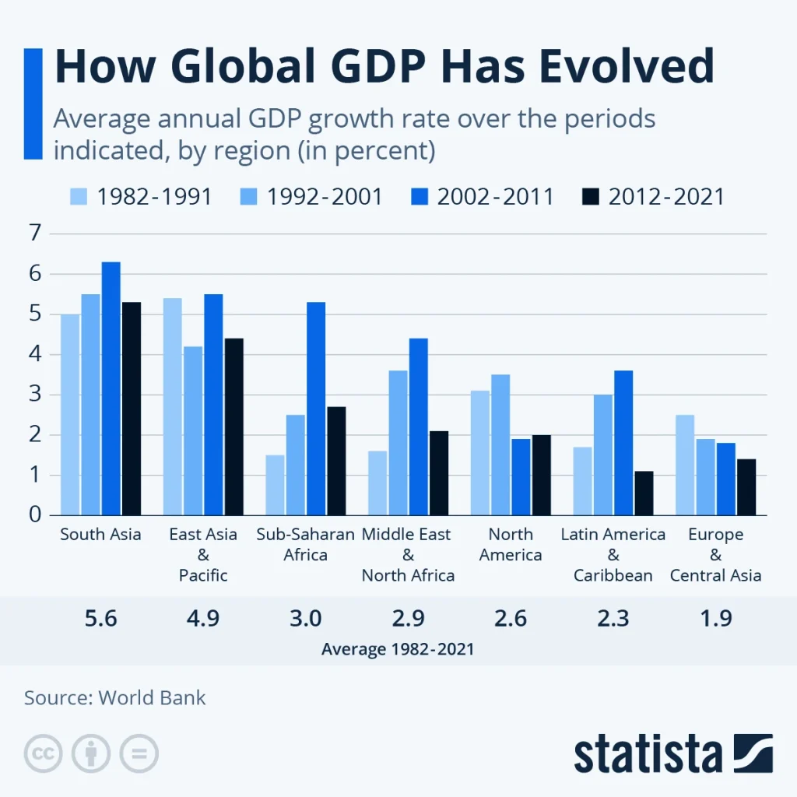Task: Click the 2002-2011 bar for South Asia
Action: coord(111,388)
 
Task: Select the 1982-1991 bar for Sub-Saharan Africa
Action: coord(275,485)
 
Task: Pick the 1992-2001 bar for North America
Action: coord(500,444)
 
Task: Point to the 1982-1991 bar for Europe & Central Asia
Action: coord(685,465)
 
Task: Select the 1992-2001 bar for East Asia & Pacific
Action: coord(193,430)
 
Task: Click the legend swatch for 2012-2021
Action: coord(591,197)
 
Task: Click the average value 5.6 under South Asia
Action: coord(100,619)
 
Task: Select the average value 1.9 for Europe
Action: coord(715,619)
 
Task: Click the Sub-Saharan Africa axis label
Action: coord(305,545)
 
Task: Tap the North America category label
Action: coord(511,545)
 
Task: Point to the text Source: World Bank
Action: coord(115,697)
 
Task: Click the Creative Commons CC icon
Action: coord(43,753)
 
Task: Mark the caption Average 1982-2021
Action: coord(398,648)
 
